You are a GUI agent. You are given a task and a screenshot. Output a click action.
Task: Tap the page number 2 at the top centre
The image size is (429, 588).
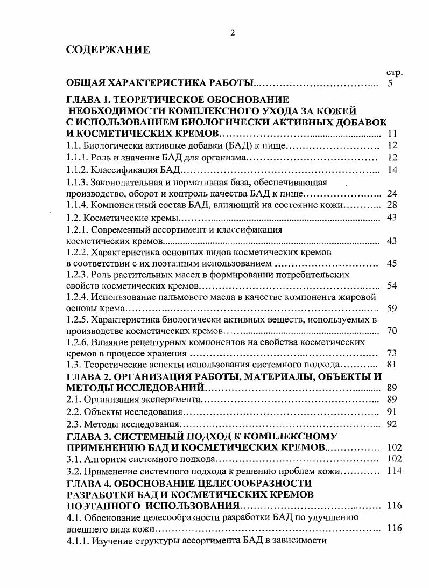tap(233, 33)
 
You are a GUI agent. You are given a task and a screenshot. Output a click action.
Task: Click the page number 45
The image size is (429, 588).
tap(392, 263)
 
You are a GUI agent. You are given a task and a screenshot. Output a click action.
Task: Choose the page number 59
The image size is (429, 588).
tap(392, 309)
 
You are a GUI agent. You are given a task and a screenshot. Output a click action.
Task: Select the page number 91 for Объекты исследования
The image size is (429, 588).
tap(392, 412)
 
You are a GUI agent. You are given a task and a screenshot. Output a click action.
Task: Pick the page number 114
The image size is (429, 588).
tap(395, 471)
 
